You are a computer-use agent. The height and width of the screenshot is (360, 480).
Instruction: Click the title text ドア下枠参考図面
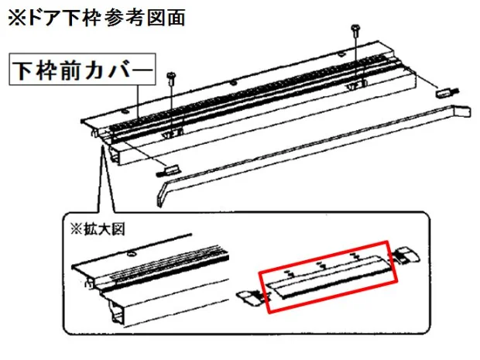coord(106,18)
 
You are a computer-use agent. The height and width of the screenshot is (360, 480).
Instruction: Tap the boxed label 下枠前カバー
coord(82,70)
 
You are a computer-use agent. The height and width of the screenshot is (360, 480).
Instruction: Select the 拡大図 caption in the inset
coord(104,229)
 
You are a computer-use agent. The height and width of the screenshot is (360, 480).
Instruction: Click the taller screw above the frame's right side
coord(355,55)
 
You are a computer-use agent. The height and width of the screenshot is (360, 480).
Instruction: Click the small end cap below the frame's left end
coord(168,170)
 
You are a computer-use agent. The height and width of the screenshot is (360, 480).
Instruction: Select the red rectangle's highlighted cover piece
coord(329,276)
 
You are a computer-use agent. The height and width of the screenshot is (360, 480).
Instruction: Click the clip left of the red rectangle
coord(250,298)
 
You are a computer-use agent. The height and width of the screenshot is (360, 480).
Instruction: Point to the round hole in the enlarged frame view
coord(132,253)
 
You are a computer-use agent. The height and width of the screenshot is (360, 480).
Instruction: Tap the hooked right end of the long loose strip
coord(462,110)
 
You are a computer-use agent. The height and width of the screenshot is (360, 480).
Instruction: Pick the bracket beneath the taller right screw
coord(356,85)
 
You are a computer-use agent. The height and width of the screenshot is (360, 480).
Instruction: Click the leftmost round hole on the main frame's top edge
coord(124,111)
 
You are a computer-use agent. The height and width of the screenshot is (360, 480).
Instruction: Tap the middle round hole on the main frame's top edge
coord(234,82)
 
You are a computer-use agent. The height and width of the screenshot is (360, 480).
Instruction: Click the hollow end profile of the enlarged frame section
coord(118,315)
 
